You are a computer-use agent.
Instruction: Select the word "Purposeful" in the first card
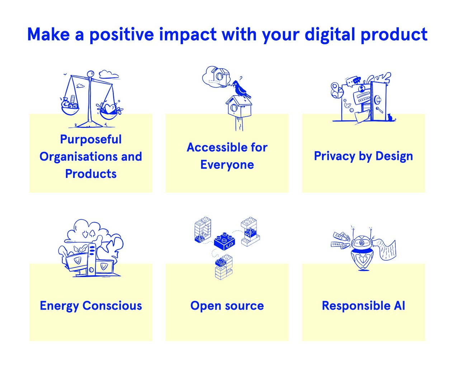pyautogui.click(x=91, y=139)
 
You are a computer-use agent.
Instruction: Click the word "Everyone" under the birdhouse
pyautogui.click(x=227, y=165)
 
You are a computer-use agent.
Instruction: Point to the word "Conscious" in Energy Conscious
pyautogui.click(x=112, y=306)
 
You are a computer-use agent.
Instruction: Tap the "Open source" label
pyautogui.click(x=227, y=306)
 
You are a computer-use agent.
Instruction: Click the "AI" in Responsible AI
pyautogui.click(x=399, y=306)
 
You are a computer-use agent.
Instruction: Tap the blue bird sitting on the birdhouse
pyautogui.click(x=240, y=89)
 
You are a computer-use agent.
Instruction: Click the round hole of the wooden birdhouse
pyautogui.click(x=234, y=107)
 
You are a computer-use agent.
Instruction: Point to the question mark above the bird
pyautogui.click(x=241, y=78)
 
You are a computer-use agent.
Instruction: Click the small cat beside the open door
pyautogui.click(x=389, y=117)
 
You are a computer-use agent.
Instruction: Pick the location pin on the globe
pyautogui.click(x=335, y=87)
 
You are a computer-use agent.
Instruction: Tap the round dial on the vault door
pyautogui.click(x=377, y=99)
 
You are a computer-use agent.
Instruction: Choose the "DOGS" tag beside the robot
pyautogui.click(x=336, y=244)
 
